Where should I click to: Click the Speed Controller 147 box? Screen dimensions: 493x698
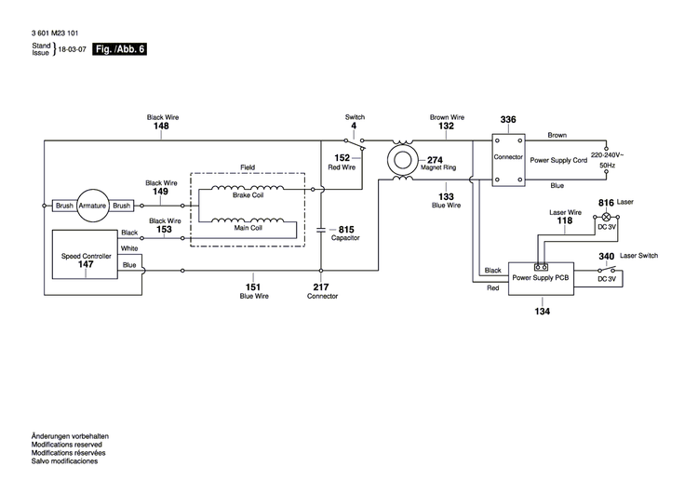click(86, 258)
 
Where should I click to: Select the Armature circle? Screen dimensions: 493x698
click(92, 206)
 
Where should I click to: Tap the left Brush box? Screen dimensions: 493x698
click(63, 206)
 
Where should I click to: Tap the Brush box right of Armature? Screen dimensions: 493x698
click(122, 206)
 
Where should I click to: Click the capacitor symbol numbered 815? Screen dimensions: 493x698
click(322, 229)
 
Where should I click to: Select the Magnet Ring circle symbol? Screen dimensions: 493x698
click(402, 159)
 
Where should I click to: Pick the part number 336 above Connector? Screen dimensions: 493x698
click(508, 120)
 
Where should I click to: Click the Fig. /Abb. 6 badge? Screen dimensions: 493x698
click(120, 49)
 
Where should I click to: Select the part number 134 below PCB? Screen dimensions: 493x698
click(543, 311)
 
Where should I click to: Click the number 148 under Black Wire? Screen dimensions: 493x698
click(161, 126)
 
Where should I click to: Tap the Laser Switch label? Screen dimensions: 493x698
click(638, 256)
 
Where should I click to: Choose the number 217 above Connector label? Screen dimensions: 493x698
click(322, 286)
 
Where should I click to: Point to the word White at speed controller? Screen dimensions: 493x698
click(129, 248)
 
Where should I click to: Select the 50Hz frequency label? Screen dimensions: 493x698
click(606, 165)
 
